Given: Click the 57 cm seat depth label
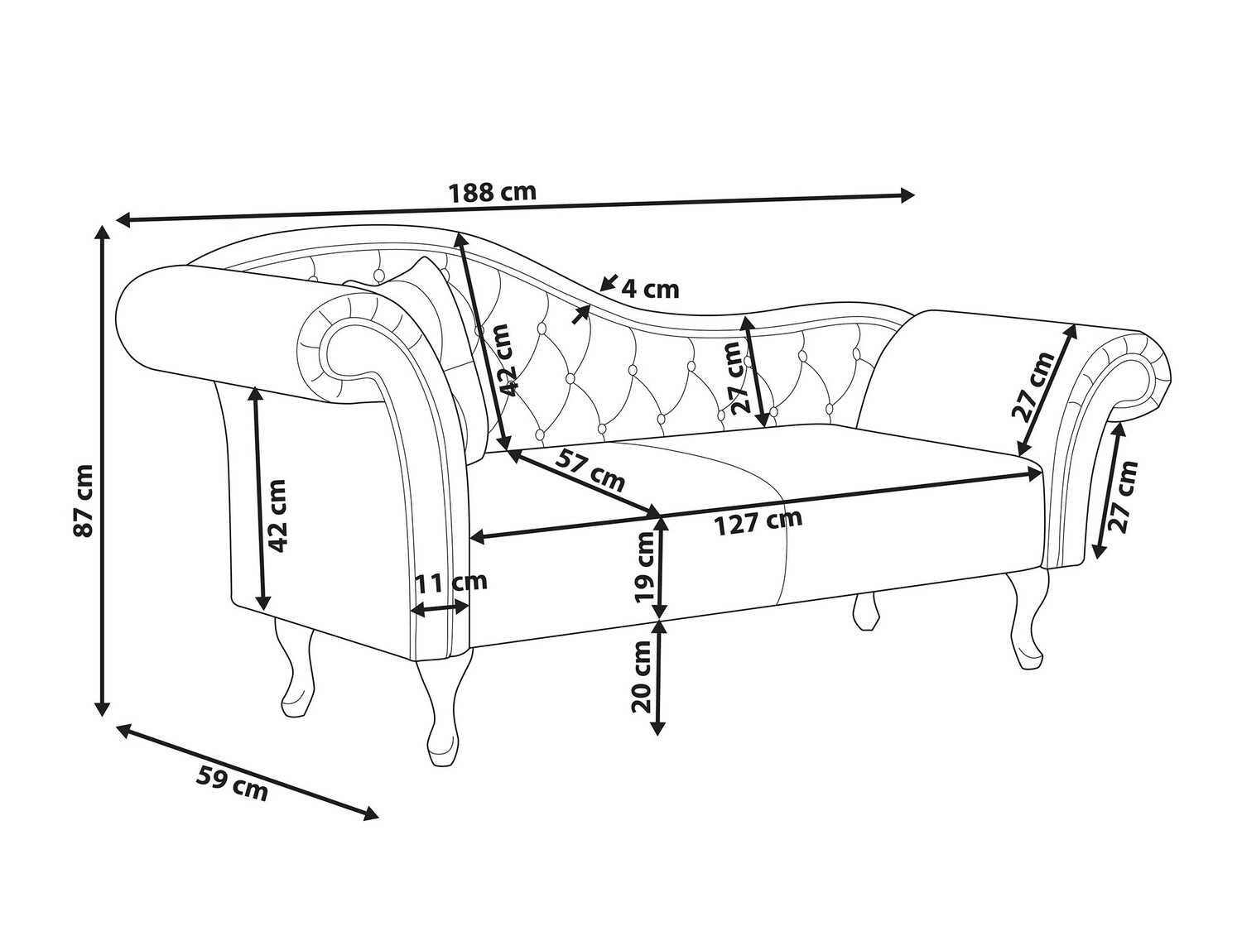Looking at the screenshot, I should pos(590,469).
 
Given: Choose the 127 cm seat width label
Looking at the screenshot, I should pos(759,522).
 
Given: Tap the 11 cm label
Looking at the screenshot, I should pos(451,582).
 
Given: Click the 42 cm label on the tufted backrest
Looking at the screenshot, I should pos(508,360).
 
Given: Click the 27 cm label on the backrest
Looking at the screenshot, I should pos(735,378).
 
